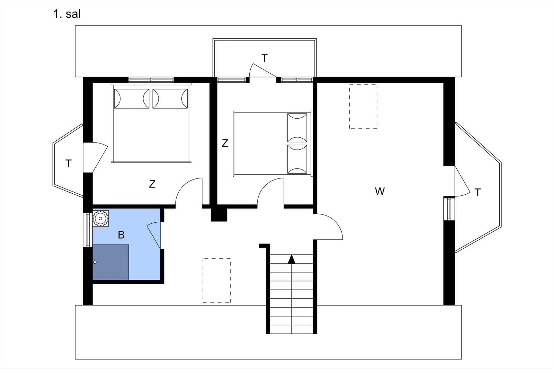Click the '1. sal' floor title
pos(67,14)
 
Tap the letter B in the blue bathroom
pos(121,235)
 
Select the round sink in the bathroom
pos(100,218)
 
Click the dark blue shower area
pos(110,262)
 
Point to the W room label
pos(379,191)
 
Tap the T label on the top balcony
pos(265,58)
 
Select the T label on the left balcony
pos(69,164)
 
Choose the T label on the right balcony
pos(477,192)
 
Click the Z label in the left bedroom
pos(152,184)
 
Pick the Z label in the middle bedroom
pos(225,143)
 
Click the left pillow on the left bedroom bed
pos(132,99)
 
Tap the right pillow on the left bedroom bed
pos(170,99)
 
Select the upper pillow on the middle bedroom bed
pos(297,128)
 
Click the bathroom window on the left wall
pos(88,230)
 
